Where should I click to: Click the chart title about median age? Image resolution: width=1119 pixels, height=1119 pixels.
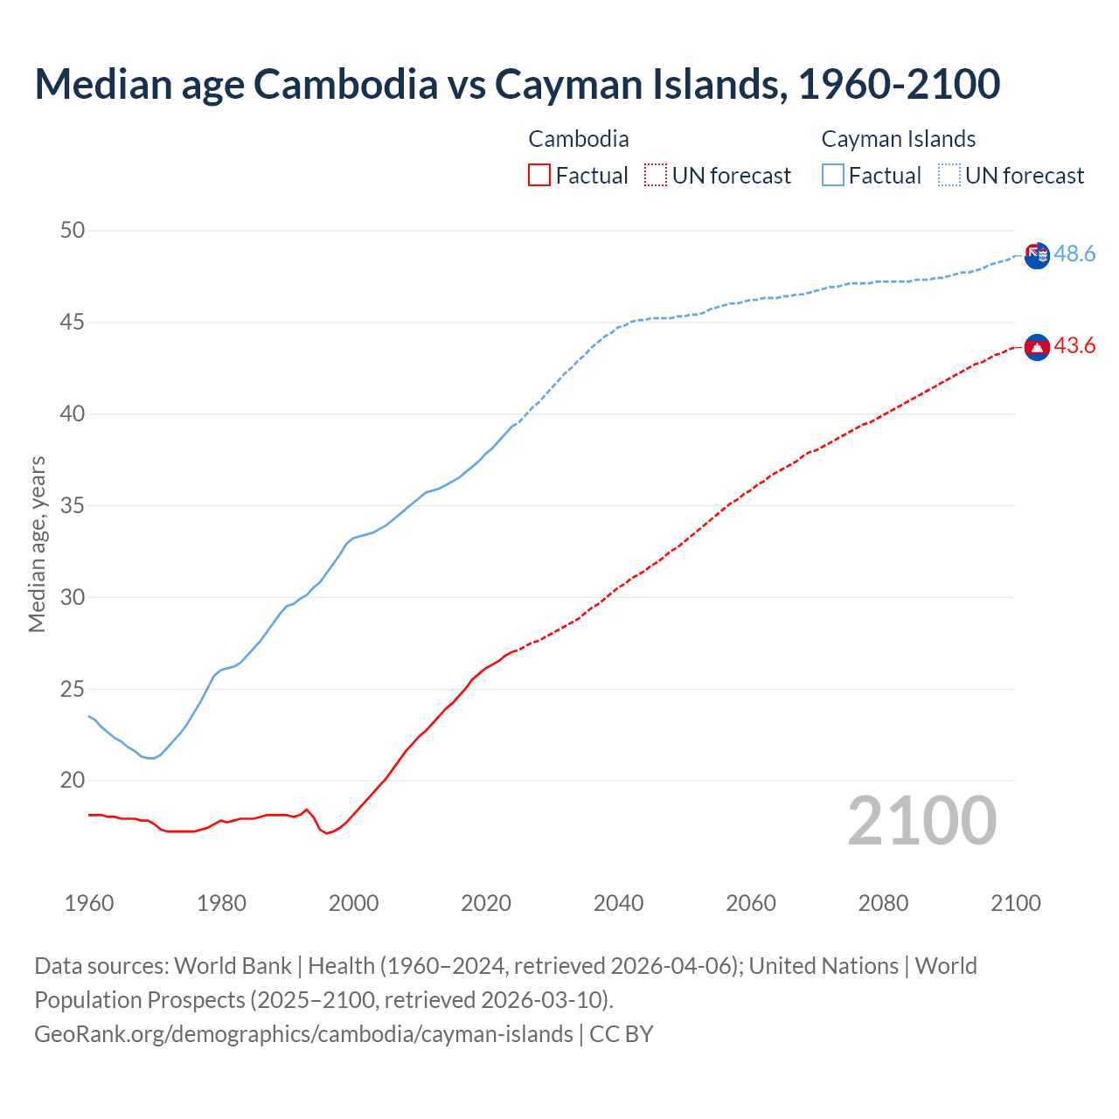coord(517,84)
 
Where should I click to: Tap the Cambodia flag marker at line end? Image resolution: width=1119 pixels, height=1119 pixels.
coord(1037,347)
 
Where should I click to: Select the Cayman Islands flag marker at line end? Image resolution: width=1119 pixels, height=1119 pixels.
coord(1037,255)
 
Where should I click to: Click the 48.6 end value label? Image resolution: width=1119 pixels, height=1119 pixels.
coord(1074,254)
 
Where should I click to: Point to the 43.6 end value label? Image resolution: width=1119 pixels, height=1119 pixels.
coord(1074,346)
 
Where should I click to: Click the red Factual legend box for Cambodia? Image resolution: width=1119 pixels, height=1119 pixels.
coord(539,176)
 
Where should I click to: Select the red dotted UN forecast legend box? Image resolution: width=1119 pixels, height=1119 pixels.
coord(656,176)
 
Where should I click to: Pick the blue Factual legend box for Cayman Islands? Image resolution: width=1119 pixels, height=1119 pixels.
coord(833,176)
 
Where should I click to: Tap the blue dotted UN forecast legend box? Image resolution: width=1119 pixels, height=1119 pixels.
coord(949,176)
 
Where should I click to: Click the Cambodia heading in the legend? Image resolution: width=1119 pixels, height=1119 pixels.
coord(579,139)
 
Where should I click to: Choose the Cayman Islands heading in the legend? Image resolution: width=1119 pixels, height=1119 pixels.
coord(898,139)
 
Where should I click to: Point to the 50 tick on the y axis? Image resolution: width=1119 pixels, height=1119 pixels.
coord(73,231)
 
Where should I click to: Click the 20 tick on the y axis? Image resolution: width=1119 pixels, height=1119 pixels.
coord(73,781)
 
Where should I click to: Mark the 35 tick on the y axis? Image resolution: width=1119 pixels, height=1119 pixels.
coord(73,506)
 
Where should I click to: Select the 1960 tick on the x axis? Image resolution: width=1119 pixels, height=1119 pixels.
coord(89,903)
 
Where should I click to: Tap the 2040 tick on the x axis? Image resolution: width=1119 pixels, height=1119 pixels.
coord(618,903)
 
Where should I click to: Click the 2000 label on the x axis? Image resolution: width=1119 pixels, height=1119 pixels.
coord(353,903)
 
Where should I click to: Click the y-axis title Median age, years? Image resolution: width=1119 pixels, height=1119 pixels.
coord(37,544)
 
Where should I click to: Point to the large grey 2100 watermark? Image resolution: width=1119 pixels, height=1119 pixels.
coord(921,821)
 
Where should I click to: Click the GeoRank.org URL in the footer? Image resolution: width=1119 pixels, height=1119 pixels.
coord(303,1034)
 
